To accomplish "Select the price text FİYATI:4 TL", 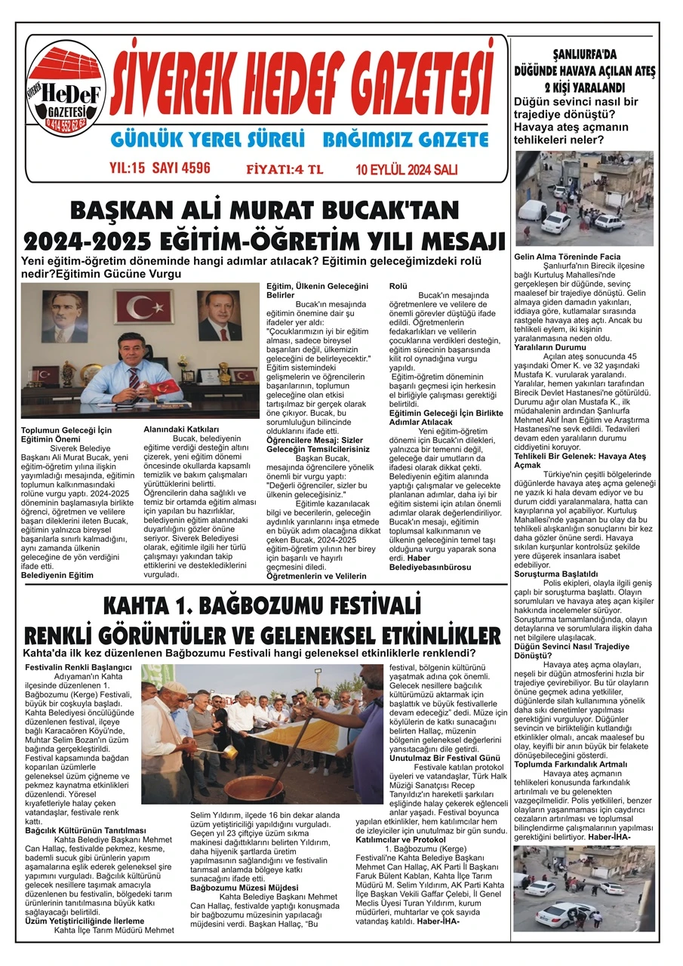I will [285, 169].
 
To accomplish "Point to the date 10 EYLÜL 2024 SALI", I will [407, 169].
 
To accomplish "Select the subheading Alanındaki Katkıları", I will [177, 429].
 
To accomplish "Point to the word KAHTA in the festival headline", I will [141, 608].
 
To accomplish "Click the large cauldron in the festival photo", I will [255, 788].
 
